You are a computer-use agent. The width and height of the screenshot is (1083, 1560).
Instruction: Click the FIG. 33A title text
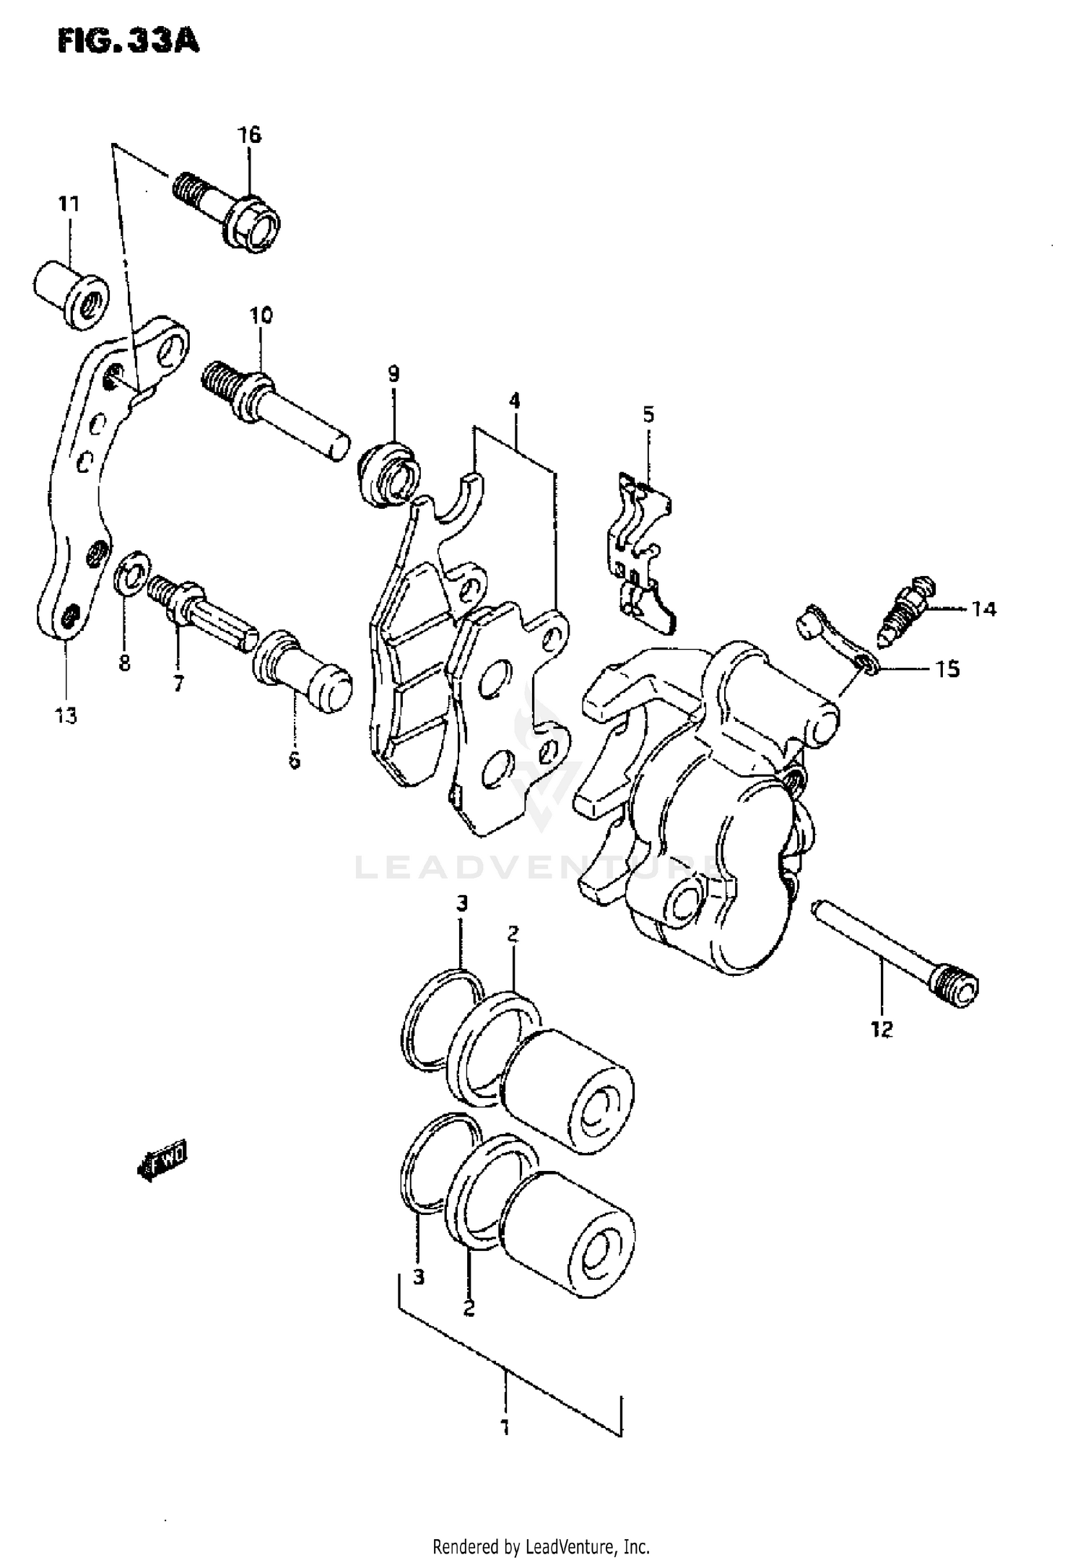[129, 42]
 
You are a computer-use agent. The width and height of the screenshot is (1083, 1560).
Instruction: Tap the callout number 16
[250, 135]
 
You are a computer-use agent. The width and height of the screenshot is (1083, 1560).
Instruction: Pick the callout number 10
[261, 315]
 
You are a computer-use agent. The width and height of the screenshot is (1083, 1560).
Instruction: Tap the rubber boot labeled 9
[388, 476]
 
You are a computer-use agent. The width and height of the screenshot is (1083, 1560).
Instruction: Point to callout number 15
[948, 670]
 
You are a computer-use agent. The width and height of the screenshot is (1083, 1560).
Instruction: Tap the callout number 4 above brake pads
[514, 400]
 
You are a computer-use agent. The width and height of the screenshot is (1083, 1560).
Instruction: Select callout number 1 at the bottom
[505, 1427]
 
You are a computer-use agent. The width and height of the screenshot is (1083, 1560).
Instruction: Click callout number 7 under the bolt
[178, 683]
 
